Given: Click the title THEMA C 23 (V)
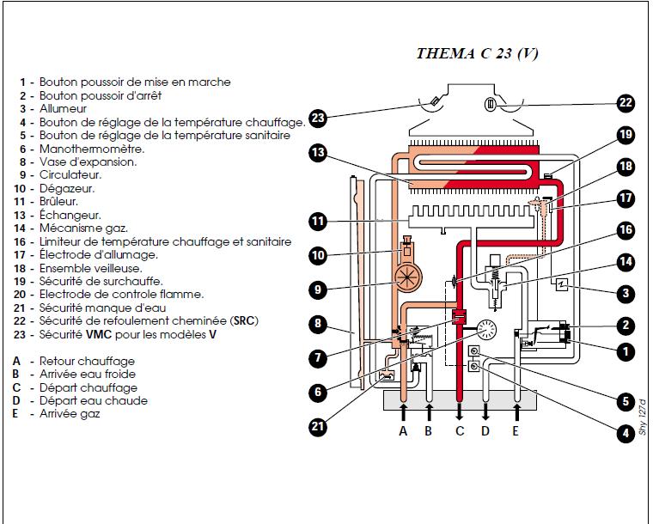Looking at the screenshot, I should pyautogui.click(x=477, y=53).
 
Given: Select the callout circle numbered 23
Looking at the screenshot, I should pyautogui.click(x=318, y=118).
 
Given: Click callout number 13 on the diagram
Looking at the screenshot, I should pyautogui.click(x=318, y=153).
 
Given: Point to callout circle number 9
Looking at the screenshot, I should pyautogui.click(x=318, y=289).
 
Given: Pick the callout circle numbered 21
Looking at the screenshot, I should pyautogui.click(x=318, y=425).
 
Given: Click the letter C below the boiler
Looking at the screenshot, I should pyautogui.click(x=459, y=431).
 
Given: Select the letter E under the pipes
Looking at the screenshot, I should pyautogui.click(x=516, y=431).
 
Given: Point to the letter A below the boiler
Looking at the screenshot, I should pyautogui.click(x=402, y=431).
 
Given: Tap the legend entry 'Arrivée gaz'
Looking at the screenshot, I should pyautogui.click(x=69, y=413).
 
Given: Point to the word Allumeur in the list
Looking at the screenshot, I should pyautogui.click(x=63, y=109).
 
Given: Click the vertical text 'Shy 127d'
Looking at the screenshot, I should pyautogui.click(x=641, y=418).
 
